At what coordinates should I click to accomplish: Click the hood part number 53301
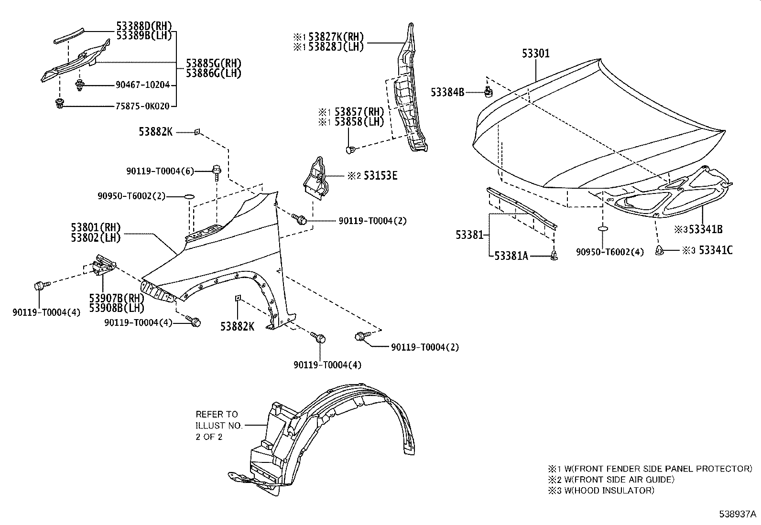(x=535, y=54)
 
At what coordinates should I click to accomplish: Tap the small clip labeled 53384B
(x=488, y=91)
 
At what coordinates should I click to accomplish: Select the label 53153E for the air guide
(x=380, y=176)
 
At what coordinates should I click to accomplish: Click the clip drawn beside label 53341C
(x=659, y=250)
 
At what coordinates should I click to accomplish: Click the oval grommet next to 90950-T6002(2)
(x=190, y=197)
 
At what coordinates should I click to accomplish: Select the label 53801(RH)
(x=96, y=227)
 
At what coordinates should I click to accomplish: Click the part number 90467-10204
(x=142, y=85)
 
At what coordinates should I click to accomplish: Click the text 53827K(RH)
(x=336, y=37)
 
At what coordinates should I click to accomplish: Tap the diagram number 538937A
(x=738, y=514)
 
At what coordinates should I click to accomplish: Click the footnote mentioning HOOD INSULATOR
(x=601, y=490)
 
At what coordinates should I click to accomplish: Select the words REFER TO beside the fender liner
(x=217, y=414)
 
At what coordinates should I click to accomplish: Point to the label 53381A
(x=511, y=256)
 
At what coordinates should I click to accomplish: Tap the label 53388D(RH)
(x=144, y=26)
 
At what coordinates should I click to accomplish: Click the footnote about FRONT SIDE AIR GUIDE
(x=611, y=480)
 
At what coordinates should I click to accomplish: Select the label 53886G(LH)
(x=213, y=73)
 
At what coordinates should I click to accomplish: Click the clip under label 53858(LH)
(x=349, y=149)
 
